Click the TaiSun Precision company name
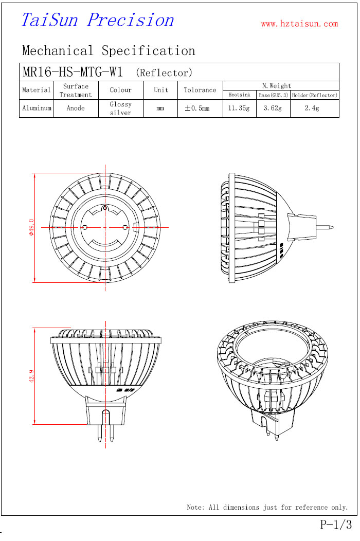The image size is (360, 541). coord(98,20)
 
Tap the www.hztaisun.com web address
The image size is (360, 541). coord(299,24)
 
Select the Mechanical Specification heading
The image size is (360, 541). coord(109,51)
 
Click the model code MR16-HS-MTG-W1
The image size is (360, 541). coord(73,72)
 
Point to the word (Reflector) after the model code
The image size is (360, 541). coord(164,73)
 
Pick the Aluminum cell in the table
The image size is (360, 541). coord(37,108)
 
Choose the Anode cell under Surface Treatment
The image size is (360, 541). coord(76,108)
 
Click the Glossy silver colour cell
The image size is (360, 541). coord(120,109)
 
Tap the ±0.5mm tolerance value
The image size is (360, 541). coord(197,108)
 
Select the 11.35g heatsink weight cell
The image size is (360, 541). coord(239,108)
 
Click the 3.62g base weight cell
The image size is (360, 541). coord(273,108)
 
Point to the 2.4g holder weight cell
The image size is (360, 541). coord(312,108)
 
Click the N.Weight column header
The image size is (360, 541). coord(277,85)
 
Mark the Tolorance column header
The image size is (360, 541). coord(200,90)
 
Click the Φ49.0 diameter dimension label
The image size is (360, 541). coord(31,227)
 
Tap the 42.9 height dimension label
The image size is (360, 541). coord(31,376)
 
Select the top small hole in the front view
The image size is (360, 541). coord(105,208)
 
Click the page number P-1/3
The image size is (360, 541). coord(336,525)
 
